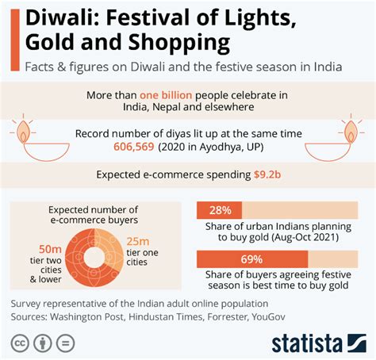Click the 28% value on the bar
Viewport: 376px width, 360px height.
tap(221, 211)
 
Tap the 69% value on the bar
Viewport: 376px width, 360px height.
tap(251, 259)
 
